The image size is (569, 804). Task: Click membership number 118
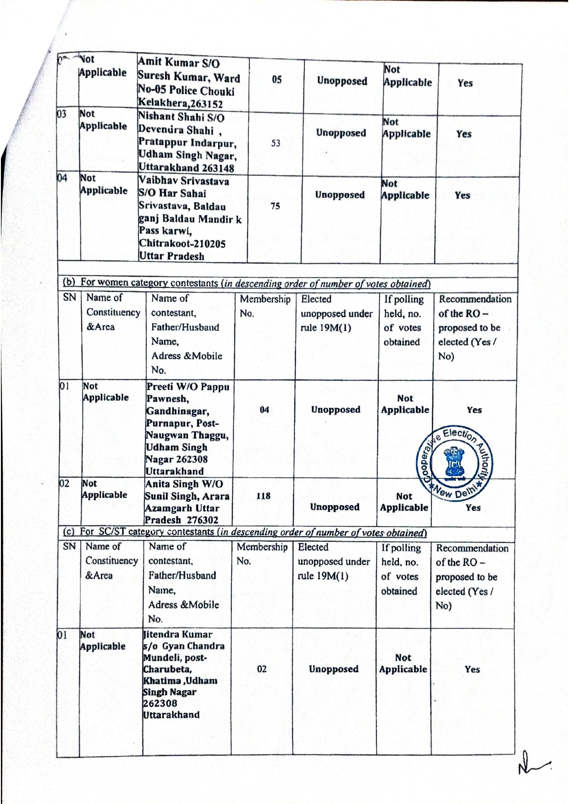[x=263, y=496]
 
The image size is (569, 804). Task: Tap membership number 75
[x=275, y=206]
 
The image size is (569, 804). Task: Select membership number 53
[x=275, y=143]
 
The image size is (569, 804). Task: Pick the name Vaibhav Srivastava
[x=183, y=182]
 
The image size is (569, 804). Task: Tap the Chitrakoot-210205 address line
[x=182, y=244]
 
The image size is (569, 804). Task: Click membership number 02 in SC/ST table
[x=262, y=669]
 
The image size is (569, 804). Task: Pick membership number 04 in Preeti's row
[x=265, y=410]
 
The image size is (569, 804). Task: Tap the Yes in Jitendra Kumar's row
[x=472, y=669]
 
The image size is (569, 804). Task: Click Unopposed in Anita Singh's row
[x=334, y=507]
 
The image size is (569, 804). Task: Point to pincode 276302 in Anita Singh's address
[x=202, y=520]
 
